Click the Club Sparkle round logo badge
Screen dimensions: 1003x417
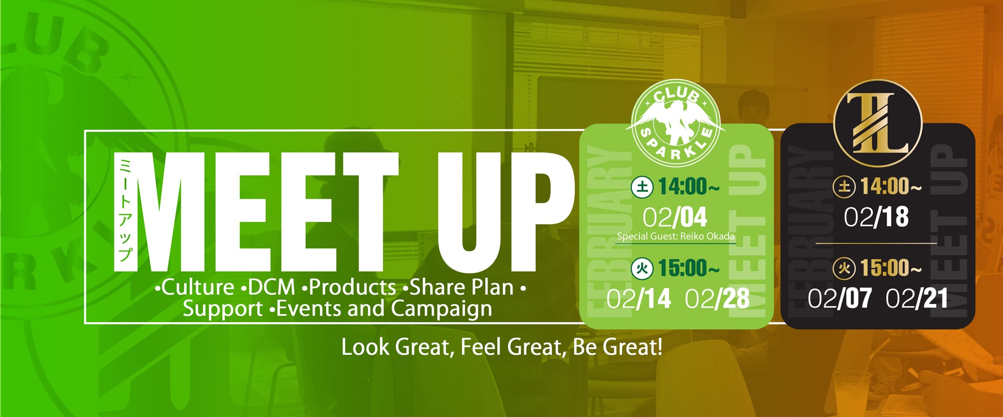pos(676,123)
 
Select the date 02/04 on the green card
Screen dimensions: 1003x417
pos(675,217)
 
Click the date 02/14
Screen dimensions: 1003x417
pos(638,299)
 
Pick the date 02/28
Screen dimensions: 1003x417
pos(717,299)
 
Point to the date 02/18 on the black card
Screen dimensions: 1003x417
pos(876,217)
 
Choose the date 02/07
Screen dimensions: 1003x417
pos(840,299)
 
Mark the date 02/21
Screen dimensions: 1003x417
pos(917,299)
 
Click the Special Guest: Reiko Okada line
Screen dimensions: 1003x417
pos(676,236)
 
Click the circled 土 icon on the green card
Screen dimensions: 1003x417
pos(642,187)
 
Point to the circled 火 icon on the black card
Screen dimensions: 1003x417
pos(845,269)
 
